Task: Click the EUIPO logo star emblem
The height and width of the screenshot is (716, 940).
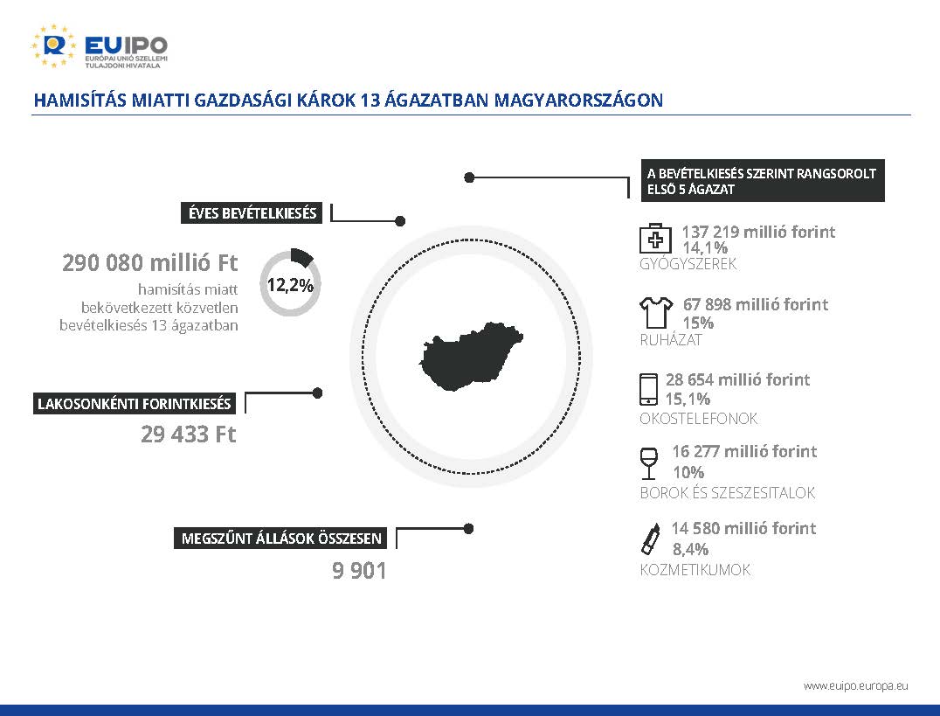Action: (53, 45)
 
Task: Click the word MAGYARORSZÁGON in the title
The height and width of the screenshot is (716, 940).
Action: (578, 100)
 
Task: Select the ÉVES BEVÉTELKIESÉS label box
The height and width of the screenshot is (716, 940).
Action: (252, 213)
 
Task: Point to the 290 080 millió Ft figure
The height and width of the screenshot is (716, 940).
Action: (150, 263)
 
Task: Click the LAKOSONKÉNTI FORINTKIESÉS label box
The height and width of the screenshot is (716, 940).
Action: (135, 403)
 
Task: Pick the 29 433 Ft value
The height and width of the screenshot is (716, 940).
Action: (188, 434)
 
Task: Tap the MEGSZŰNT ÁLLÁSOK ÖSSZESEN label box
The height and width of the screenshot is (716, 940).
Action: (280, 538)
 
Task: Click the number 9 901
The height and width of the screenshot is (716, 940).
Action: (359, 570)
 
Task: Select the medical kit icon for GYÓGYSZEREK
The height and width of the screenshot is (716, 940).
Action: (655, 239)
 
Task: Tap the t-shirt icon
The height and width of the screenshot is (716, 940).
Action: (656, 312)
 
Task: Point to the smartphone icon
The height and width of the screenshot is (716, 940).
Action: (648, 389)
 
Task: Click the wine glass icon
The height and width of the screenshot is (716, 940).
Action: (648, 463)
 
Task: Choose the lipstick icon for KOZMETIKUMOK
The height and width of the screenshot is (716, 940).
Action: (651, 539)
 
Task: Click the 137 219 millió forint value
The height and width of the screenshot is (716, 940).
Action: (758, 232)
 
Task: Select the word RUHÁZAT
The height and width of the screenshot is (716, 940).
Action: (671, 340)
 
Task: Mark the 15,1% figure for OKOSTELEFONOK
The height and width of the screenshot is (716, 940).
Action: (688, 399)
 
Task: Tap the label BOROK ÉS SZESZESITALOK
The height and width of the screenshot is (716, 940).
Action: (727, 493)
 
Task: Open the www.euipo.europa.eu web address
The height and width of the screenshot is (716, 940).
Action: (855, 685)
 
